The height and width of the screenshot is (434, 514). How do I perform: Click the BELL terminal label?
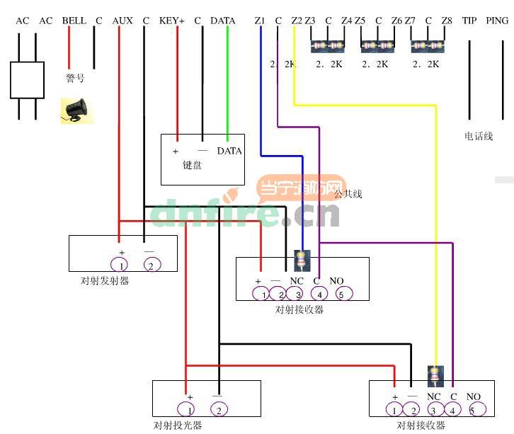pyautogui.click(x=74, y=21)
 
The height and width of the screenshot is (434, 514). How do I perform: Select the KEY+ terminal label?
pyautogui.click(x=172, y=21)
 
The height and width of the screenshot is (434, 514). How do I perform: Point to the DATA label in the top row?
pyautogui.click(x=222, y=21)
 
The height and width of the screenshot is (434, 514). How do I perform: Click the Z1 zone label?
pyautogui.click(x=259, y=21)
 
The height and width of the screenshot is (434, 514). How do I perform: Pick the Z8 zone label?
pyautogui.click(x=446, y=21)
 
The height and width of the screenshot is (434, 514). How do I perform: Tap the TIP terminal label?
pyautogui.click(x=469, y=21)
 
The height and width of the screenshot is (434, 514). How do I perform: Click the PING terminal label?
pyautogui.click(x=497, y=21)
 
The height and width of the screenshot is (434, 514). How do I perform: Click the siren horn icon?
pyautogui.click(x=76, y=110)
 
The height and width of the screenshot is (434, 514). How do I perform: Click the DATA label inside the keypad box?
pyautogui.click(x=229, y=151)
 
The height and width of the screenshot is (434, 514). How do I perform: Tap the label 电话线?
pyautogui.click(x=478, y=135)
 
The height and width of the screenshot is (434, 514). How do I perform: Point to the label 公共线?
pyautogui.click(x=348, y=193)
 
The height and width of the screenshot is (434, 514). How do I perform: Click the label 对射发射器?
pyautogui.click(x=105, y=281)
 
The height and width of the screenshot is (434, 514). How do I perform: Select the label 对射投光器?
pyautogui.click(x=178, y=426)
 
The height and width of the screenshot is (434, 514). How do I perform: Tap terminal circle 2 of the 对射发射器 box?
pyautogui.click(x=151, y=265)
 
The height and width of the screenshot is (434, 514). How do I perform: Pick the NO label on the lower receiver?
pyautogui.click(x=474, y=396)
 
